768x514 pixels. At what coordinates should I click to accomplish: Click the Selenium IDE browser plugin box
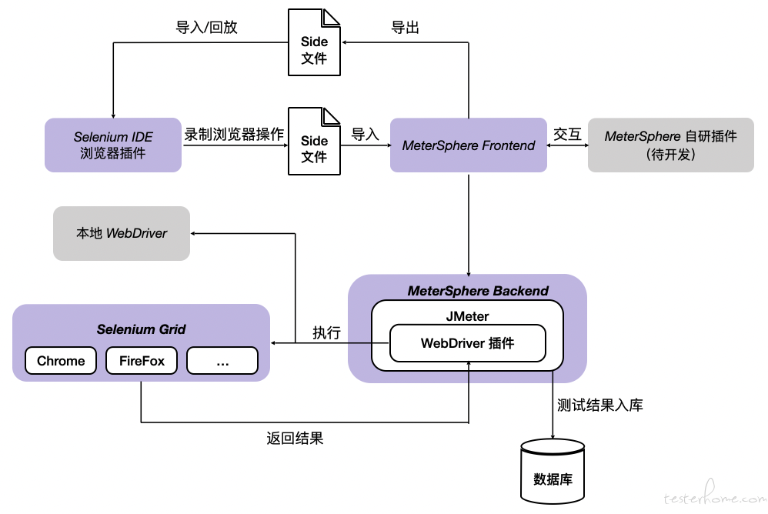coord(113,145)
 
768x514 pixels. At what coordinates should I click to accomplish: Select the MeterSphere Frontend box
coord(468,145)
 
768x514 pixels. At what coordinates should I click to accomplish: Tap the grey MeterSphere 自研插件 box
coord(670,145)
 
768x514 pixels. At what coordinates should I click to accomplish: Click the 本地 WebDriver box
coord(122,233)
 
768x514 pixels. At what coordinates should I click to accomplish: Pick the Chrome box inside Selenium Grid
coord(61,361)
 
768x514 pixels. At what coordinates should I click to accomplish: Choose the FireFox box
coord(142,361)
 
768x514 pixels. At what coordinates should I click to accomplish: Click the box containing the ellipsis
coord(222,361)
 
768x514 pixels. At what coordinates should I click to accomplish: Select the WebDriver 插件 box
coord(468,343)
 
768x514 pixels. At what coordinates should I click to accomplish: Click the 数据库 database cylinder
coord(553,471)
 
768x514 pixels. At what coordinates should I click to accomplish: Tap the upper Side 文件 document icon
coord(314,42)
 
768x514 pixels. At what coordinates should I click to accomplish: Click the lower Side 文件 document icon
coord(314,142)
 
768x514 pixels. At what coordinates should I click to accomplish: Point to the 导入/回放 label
coord(206,27)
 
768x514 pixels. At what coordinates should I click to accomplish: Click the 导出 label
coord(405,28)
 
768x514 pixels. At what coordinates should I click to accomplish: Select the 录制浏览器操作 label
coord(234,134)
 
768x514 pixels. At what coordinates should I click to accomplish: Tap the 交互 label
coord(567,134)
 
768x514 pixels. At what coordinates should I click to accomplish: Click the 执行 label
coord(327,333)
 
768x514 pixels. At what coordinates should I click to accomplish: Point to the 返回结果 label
coord(295,438)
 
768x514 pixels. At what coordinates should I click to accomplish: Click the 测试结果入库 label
coord(600,405)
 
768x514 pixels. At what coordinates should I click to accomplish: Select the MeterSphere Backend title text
coord(478,291)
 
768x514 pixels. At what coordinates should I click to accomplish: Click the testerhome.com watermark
coord(715,495)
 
